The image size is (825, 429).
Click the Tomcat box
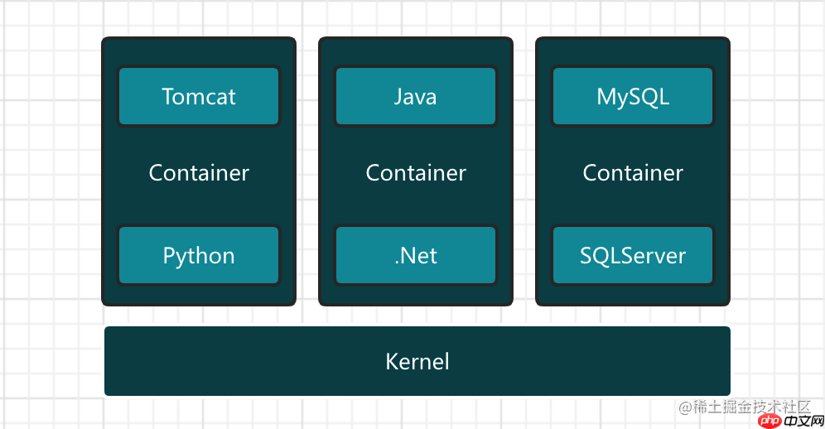pos(199,96)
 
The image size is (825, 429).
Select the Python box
pos(199,255)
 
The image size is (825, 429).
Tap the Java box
pos(415,96)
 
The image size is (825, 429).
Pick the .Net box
pos(415,255)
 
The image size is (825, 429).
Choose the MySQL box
pos(633,96)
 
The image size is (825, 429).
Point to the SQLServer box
pos(633,255)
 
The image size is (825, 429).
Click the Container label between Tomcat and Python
pos(199,172)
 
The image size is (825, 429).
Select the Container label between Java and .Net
pos(416,172)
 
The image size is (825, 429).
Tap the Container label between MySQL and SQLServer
pos(633,172)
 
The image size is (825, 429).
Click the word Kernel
pos(417,361)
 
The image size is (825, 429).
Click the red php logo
pos(770,419)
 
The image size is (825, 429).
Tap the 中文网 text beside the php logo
pos(802,419)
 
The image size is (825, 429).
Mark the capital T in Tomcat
pos(168,96)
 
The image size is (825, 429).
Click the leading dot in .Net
pos(397,262)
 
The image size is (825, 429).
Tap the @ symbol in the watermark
pos(684,407)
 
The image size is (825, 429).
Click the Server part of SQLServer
pos(656,255)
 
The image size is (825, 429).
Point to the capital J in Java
pos(398,96)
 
